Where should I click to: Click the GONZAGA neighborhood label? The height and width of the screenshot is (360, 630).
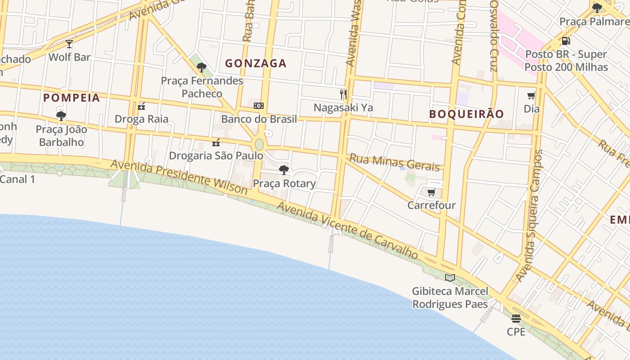256,63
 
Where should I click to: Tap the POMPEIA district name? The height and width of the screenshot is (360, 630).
72,98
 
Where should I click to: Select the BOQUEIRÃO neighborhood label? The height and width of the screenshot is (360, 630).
466,114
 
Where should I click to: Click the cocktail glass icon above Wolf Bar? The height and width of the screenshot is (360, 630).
69,44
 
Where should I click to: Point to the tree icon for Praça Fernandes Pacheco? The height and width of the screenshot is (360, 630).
201,68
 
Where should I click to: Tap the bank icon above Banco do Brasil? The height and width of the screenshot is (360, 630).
259,106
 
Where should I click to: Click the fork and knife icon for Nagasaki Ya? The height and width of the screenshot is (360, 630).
343,94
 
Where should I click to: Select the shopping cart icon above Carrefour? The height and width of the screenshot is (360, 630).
431,193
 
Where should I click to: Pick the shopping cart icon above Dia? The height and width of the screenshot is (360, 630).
531,95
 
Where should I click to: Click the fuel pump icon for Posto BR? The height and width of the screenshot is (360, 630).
566,41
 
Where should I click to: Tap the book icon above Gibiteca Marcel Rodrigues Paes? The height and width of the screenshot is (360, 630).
450,278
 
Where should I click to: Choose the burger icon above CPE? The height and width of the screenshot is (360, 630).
516,319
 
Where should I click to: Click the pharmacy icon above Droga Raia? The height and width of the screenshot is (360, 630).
141,106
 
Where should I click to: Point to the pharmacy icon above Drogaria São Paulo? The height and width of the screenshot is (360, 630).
216,143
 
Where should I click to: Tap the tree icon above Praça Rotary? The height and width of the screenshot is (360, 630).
283,170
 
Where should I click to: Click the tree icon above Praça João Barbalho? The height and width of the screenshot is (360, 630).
61,116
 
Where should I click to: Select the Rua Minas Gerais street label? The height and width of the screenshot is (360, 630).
395,162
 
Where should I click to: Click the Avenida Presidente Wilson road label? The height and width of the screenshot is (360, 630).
179,177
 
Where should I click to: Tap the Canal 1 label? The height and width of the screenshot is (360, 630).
17,179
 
